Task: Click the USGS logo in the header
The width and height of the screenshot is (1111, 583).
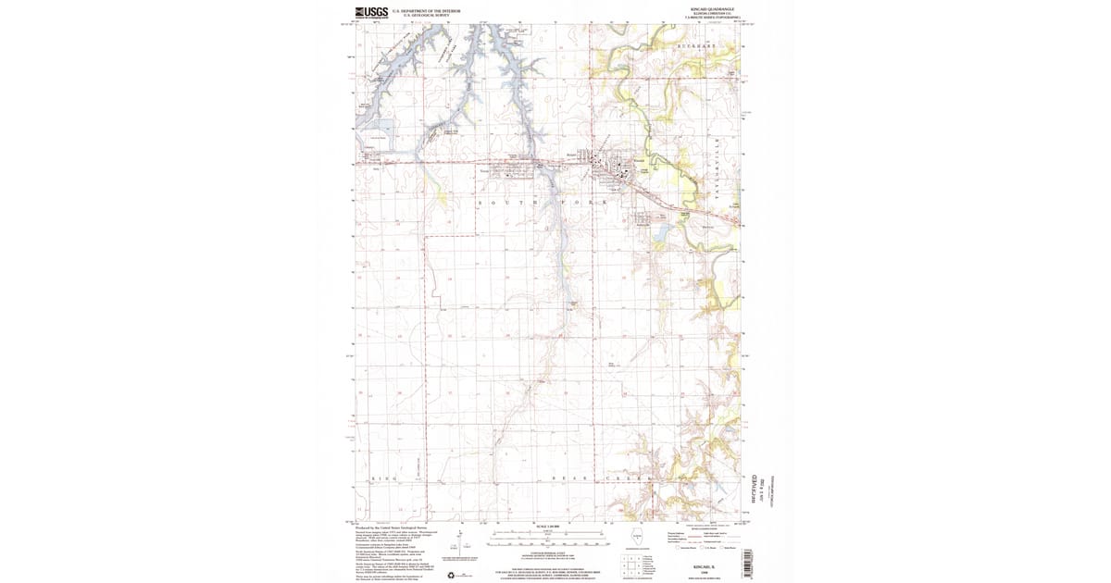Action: pos(368,13)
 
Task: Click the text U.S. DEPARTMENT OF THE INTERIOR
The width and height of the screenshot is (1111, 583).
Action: pos(427,11)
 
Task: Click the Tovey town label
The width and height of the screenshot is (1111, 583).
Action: pos(483,171)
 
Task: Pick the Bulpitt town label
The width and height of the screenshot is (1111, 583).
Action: pos(571,155)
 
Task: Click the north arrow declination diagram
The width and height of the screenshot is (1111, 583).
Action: pos(460,541)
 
